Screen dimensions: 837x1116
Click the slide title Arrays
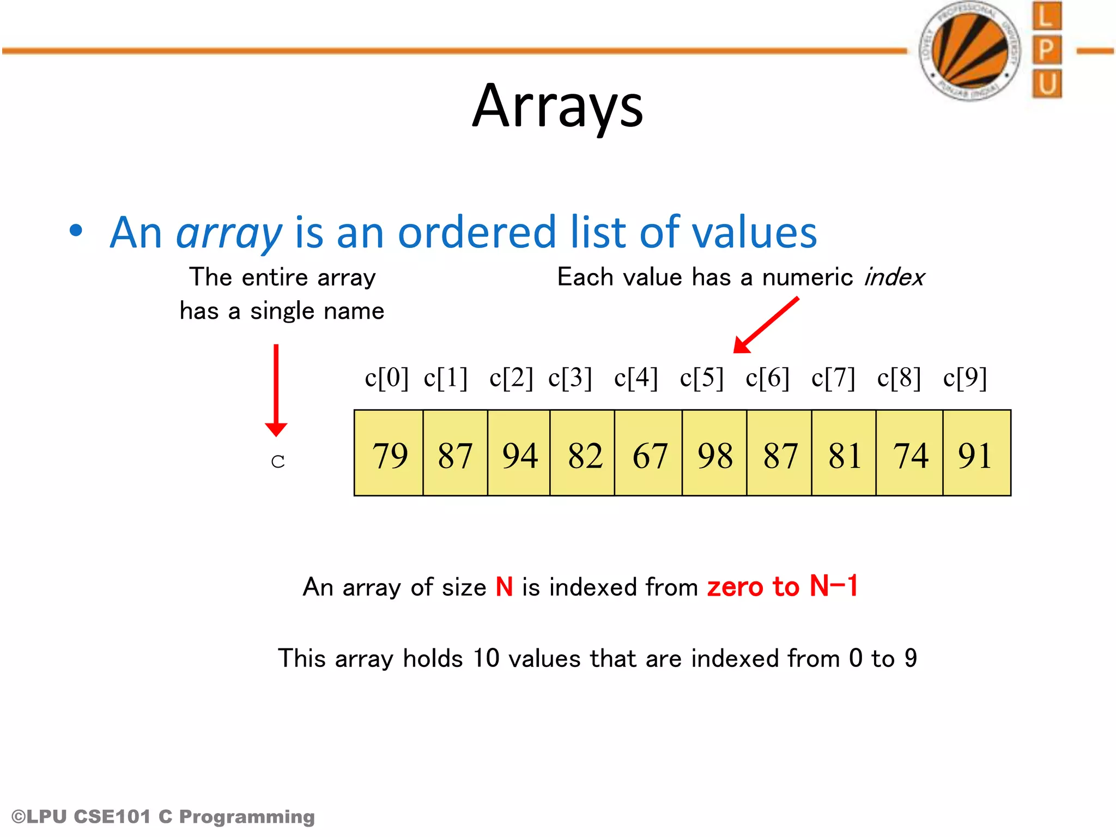[x=557, y=106]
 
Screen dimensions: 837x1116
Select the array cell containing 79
[x=389, y=453]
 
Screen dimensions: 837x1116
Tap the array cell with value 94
[x=519, y=453]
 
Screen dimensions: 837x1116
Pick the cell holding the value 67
[x=649, y=453]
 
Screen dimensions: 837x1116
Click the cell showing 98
[x=714, y=453]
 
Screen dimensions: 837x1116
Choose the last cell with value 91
[x=976, y=453]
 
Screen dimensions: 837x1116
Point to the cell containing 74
[x=910, y=453]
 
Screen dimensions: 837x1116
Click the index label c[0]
[x=386, y=378]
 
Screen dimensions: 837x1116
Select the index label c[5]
[x=701, y=378]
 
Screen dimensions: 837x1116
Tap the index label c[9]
[x=965, y=378]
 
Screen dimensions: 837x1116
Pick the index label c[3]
[x=570, y=378]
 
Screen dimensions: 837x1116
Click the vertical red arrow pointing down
[x=276, y=390]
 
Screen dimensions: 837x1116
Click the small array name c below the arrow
[x=277, y=462]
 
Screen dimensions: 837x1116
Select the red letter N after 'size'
[x=504, y=587]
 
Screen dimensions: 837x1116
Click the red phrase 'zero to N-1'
[x=782, y=586]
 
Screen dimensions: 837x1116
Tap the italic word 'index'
[x=894, y=277]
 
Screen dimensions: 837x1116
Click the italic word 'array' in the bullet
[x=229, y=233]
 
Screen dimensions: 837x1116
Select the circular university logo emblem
[x=970, y=51]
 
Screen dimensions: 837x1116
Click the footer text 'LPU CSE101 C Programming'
[x=163, y=816]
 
